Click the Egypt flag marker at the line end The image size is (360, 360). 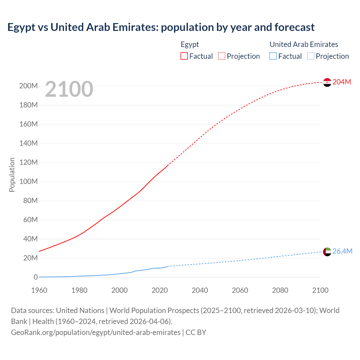coord(327,82)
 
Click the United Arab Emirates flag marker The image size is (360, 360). coord(327,252)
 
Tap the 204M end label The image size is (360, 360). coord(342,82)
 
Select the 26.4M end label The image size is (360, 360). coord(342,251)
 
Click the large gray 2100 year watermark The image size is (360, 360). coord(69,89)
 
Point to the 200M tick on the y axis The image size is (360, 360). coord(28,86)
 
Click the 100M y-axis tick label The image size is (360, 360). coord(28,182)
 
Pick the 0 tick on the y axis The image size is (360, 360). coord(36,277)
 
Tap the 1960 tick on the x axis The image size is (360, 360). coord(39,290)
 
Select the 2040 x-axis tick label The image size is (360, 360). coord(200,290)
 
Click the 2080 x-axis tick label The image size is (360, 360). coord(280,290)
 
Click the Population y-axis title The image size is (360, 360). coord(12,175)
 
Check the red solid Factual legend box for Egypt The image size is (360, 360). coord(184,56)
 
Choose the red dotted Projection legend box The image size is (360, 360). coord(222,56)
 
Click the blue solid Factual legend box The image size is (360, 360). coord(273,56)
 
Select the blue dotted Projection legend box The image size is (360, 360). coord(310,56)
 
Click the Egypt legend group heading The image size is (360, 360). coord(190,44)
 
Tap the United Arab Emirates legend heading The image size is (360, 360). coord(304,44)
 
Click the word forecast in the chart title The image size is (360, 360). coord(294,27)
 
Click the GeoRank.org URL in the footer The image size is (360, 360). coord(96,332)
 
